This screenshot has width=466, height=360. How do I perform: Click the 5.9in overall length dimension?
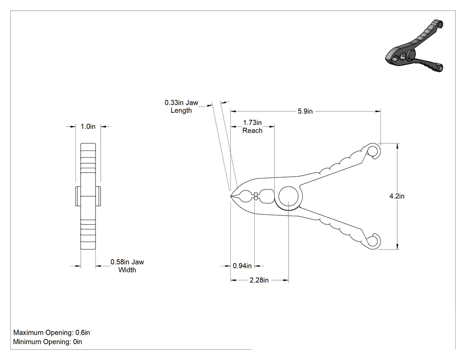point(305,111)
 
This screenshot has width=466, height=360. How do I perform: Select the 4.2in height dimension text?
point(397,196)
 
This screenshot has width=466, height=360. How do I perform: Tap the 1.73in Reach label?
point(253,127)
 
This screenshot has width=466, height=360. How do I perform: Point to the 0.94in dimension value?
point(242,266)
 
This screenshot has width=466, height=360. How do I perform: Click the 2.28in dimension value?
point(259,280)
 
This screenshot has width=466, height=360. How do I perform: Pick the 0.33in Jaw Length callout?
point(181,107)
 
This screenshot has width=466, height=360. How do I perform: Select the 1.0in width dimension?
point(88,127)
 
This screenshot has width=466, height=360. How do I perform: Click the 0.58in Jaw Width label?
point(127,266)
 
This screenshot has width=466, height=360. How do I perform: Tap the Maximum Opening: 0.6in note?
point(52,332)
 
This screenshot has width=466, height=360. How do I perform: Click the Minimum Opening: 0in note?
point(47,342)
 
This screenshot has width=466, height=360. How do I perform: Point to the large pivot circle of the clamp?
point(288,196)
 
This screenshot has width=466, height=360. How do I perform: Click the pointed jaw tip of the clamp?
point(231,196)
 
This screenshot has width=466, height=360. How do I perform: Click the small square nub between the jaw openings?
point(255,196)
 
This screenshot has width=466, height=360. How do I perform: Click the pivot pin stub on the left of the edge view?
point(78,196)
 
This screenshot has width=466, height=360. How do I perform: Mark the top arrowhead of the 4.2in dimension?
point(397,146)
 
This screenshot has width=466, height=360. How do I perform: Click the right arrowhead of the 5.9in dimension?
point(378,111)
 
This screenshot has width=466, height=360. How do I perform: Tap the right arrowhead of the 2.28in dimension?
point(286,280)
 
